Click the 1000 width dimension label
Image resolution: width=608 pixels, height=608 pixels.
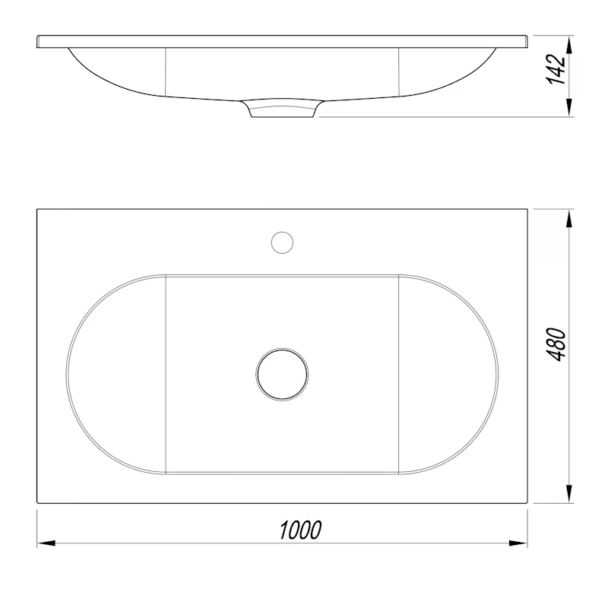(x=300, y=530)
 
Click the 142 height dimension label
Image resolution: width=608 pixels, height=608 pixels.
(x=556, y=70)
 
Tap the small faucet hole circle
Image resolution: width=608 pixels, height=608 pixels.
(x=282, y=242)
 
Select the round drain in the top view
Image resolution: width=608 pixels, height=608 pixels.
(x=282, y=374)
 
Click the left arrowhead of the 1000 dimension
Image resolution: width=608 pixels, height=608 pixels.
(x=46, y=543)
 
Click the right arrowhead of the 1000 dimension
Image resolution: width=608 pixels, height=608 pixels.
(x=518, y=543)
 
